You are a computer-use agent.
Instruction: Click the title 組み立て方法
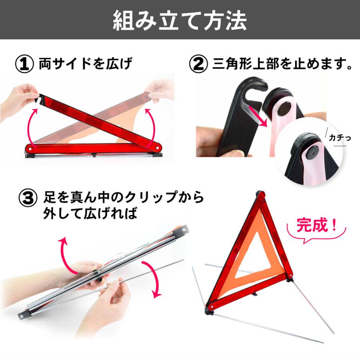[x=180, y=21]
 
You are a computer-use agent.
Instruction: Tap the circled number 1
[x=25, y=64]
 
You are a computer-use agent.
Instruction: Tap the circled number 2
[x=199, y=64]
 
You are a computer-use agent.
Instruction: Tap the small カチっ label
[x=340, y=138]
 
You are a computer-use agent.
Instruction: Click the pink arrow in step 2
[x=258, y=116]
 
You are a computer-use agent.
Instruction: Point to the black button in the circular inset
[x=310, y=152]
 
